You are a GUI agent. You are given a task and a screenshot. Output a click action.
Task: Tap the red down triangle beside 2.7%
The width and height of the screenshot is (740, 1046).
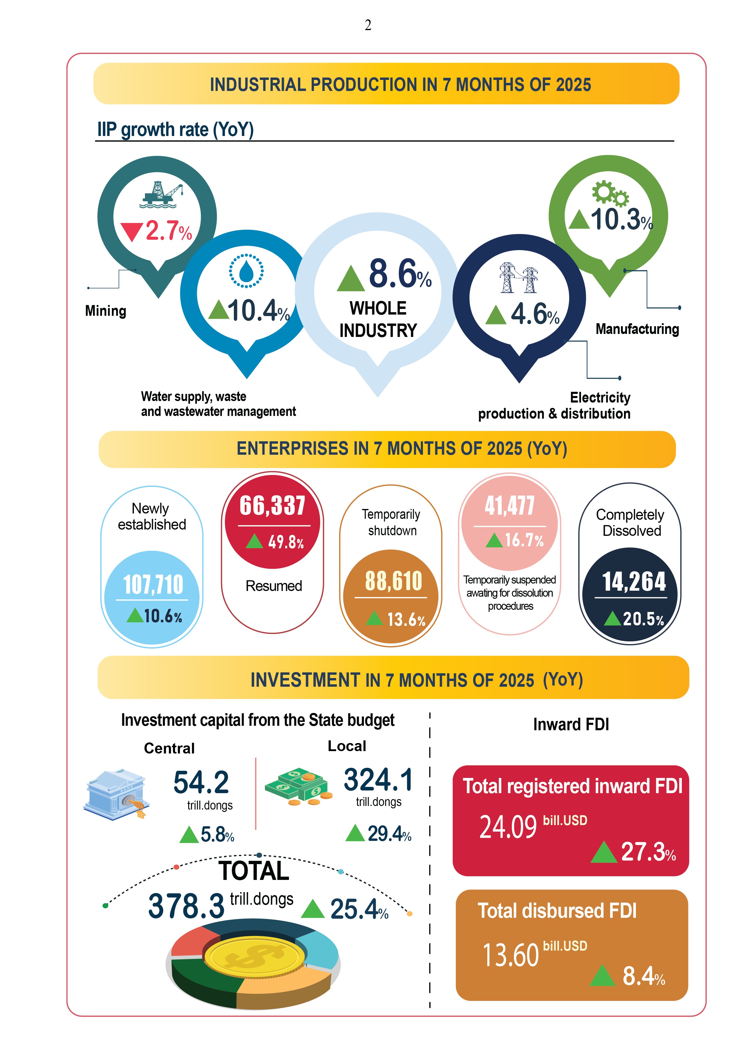132,231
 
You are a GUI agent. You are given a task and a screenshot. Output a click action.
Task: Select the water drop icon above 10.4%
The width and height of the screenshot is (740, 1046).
246,271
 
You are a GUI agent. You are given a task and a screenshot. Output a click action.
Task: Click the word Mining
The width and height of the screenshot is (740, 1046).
106,311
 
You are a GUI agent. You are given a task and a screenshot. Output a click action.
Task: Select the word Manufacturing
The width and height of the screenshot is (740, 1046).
637,329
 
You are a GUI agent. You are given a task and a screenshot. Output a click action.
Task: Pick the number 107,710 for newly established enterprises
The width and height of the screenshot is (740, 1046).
153,584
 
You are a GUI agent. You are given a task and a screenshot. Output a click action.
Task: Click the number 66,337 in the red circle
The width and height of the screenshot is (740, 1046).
273,506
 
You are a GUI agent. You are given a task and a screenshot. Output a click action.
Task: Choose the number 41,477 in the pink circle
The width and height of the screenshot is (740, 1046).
509,506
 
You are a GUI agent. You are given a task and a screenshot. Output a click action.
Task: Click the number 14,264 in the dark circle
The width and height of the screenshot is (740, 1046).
634,582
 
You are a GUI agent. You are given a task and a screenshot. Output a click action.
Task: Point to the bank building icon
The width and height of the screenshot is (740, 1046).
117,795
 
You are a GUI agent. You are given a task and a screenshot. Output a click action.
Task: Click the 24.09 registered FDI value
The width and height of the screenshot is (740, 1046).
508,827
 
